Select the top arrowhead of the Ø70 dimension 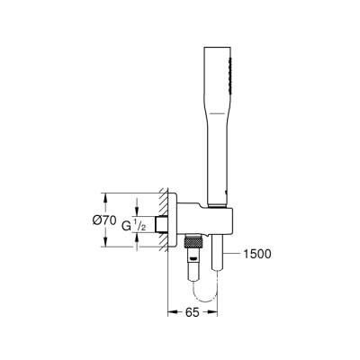(x=107, y=195)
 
